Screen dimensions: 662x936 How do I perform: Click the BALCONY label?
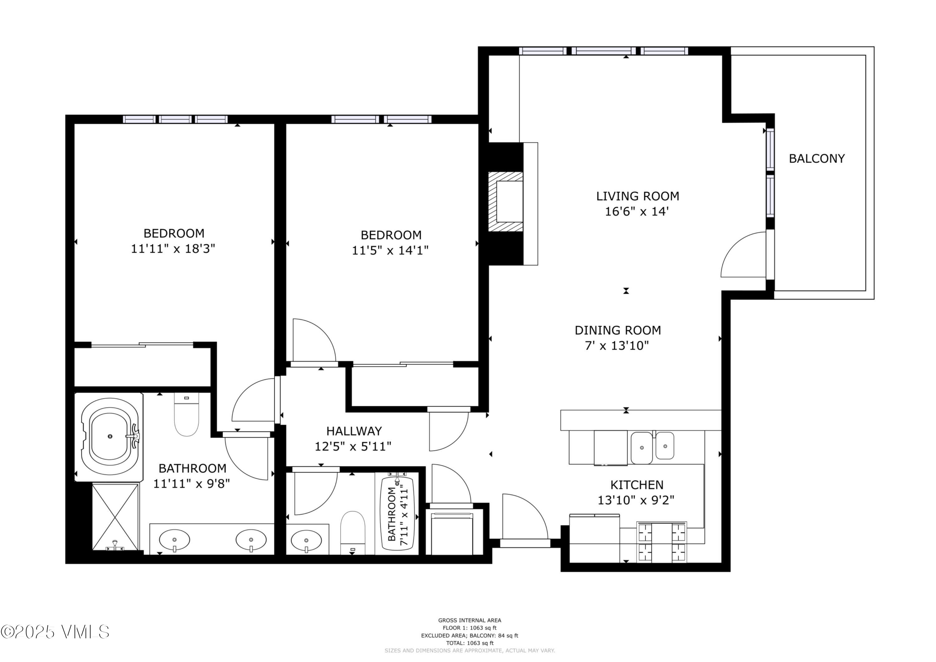coord(817,159)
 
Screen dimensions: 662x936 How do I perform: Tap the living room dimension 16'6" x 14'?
coord(637,212)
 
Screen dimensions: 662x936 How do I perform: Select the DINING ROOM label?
coord(618,331)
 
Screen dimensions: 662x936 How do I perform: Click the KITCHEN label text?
coord(636,485)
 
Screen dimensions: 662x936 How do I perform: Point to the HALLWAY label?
coord(354,431)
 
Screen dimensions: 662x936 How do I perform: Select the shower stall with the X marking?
coord(115,516)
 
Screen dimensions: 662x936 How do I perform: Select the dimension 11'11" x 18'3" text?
coord(173,249)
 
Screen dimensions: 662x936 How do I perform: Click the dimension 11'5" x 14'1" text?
coord(390,250)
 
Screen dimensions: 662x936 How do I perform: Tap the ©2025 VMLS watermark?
coord(55,632)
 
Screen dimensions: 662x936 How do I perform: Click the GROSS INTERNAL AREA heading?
coord(470,620)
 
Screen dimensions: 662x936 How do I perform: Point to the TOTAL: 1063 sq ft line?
coord(470,643)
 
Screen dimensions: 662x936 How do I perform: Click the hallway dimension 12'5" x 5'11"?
coord(353,447)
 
